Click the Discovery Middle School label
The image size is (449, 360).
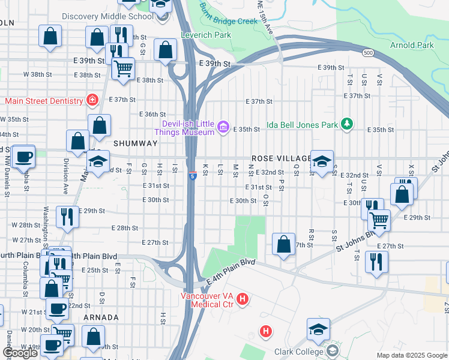[x=107, y=16]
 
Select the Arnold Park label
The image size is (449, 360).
[x=412, y=45]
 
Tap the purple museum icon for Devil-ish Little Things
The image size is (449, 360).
[x=223, y=126]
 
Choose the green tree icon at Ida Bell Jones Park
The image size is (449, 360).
[x=346, y=124]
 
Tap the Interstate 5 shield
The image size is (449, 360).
[x=191, y=176]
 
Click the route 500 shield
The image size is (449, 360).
[x=367, y=53]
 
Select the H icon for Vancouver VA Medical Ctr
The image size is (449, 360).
[x=243, y=299]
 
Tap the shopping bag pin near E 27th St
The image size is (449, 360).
[x=283, y=244]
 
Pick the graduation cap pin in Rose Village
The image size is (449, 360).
[x=322, y=161]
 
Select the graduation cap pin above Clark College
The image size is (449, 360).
[x=318, y=329]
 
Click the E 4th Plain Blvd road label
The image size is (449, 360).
[x=231, y=271]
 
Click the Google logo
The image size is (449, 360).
[x=20, y=353]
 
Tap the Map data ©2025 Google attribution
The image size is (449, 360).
[x=411, y=355]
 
